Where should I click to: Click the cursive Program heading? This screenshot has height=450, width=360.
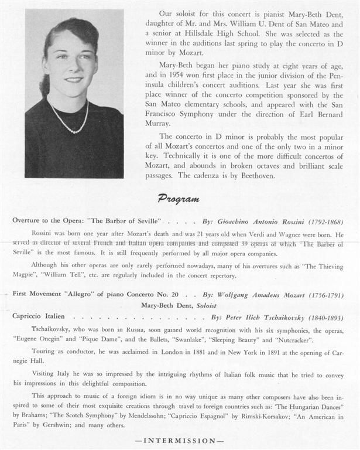[179, 199]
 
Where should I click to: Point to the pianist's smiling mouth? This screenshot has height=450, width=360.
[73, 79]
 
